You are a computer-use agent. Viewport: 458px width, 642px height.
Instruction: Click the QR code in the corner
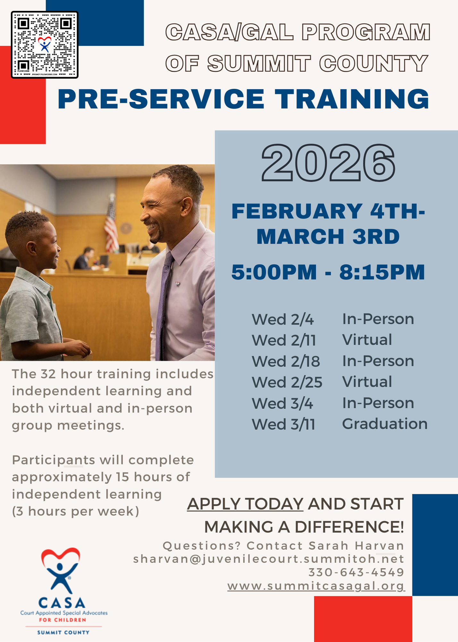click(x=45, y=45)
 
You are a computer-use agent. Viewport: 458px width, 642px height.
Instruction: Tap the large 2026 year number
click(x=328, y=163)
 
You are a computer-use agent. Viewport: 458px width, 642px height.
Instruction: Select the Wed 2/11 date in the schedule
click(x=284, y=340)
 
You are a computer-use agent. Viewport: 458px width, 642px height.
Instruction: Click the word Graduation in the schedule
click(x=385, y=424)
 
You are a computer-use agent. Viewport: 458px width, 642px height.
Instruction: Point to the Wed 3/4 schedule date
click(x=282, y=403)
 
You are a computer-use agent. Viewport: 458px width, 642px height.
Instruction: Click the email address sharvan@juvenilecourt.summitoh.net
click(x=269, y=559)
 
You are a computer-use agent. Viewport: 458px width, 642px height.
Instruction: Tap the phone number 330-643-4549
click(x=356, y=572)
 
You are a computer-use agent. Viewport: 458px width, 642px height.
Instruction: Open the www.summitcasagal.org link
click(x=316, y=586)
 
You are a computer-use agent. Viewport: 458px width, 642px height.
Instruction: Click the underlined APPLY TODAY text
click(x=245, y=504)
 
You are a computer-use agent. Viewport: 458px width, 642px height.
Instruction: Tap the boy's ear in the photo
click(x=31, y=248)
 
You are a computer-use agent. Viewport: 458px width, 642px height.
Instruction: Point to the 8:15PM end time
click(x=382, y=272)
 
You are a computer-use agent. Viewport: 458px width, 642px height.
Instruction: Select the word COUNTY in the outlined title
click(x=374, y=63)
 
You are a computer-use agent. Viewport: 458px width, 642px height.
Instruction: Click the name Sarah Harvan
click(x=356, y=546)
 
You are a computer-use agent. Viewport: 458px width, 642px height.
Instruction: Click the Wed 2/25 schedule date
click(x=287, y=382)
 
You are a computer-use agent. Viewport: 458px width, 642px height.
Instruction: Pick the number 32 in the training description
click(x=48, y=374)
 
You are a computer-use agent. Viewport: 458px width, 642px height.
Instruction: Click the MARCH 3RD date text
click(x=328, y=237)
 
